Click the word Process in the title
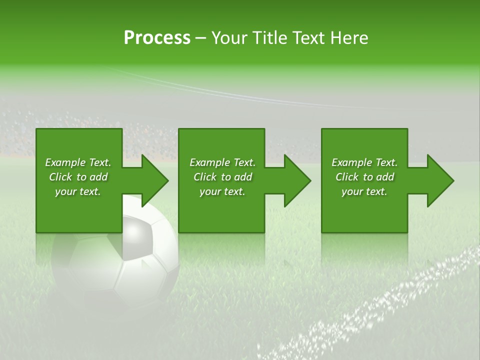(x=157, y=38)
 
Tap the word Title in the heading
(x=269, y=38)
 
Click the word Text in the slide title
(x=308, y=38)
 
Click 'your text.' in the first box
(x=78, y=191)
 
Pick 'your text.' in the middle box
(x=222, y=191)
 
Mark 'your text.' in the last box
(x=364, y=191)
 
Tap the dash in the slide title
(x=201, y=38)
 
